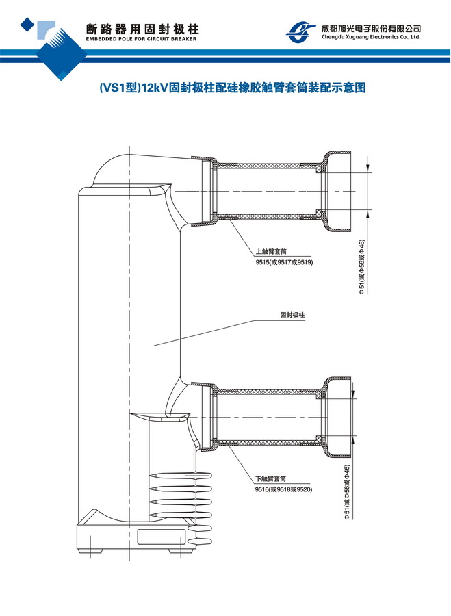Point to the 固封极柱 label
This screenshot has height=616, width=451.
pos(292,316)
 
